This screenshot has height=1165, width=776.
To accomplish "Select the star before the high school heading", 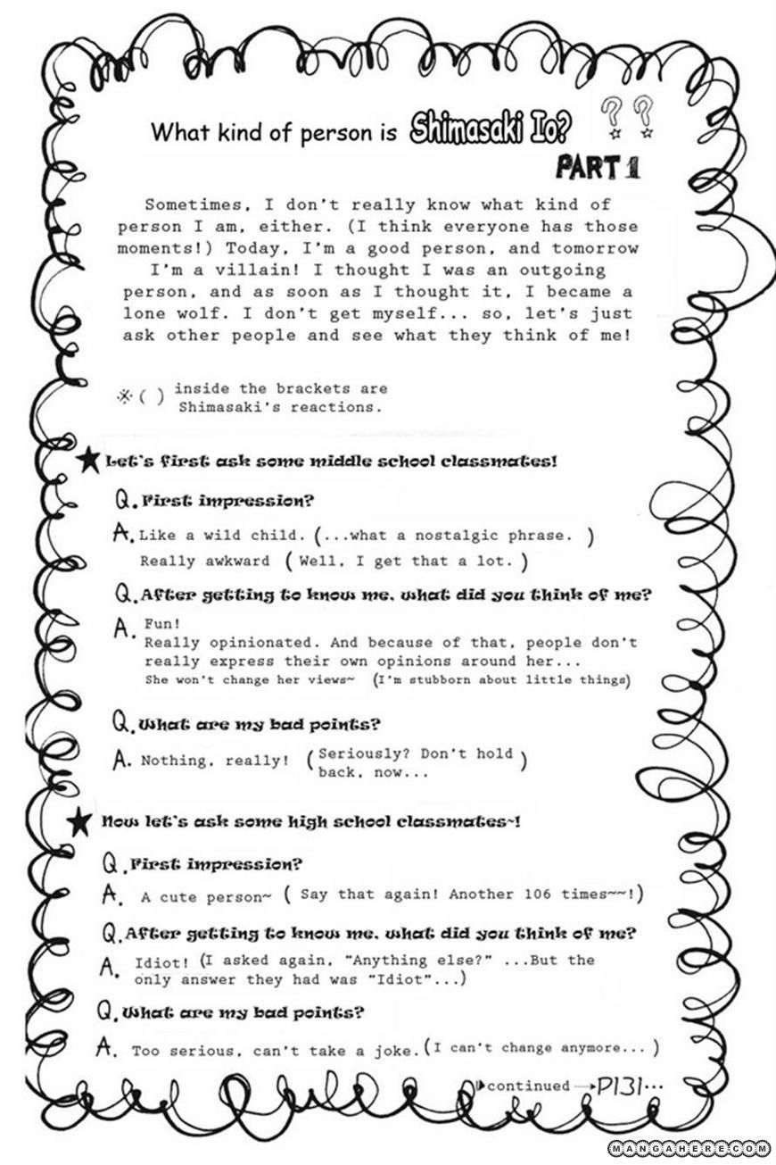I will [x=79, y=820].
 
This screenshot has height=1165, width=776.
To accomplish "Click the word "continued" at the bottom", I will [x=528, y=1086].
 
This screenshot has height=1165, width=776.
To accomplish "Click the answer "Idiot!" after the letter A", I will [x=161, y=962].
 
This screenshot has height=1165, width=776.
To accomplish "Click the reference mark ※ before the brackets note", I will [x=124, y=396].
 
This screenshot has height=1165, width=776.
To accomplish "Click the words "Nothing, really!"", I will [x=215, y=761].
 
